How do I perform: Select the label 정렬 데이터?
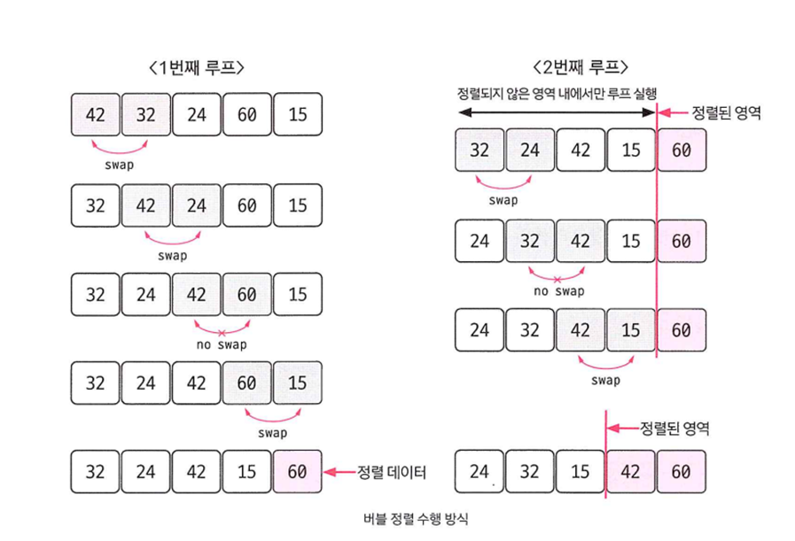(x=391, y=472)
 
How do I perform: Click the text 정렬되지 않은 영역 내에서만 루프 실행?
(x=557, y=94)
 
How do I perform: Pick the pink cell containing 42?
(x=631, y=472)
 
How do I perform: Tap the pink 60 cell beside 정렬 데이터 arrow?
(x=298, y=472)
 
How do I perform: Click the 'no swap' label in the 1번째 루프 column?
(x=222, y=344)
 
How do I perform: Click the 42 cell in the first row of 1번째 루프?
(x=96, y=114)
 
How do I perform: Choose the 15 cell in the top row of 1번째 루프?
(x=298, y=114)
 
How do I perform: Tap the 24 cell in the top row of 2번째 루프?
(x=530, y=150)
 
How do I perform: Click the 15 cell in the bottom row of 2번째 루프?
(x=581, y=472)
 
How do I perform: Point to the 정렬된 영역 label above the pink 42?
(x=674, y=429)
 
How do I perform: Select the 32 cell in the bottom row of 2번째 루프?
(x=530, y=472)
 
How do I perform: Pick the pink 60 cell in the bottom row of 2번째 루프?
(x=682, y=472)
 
